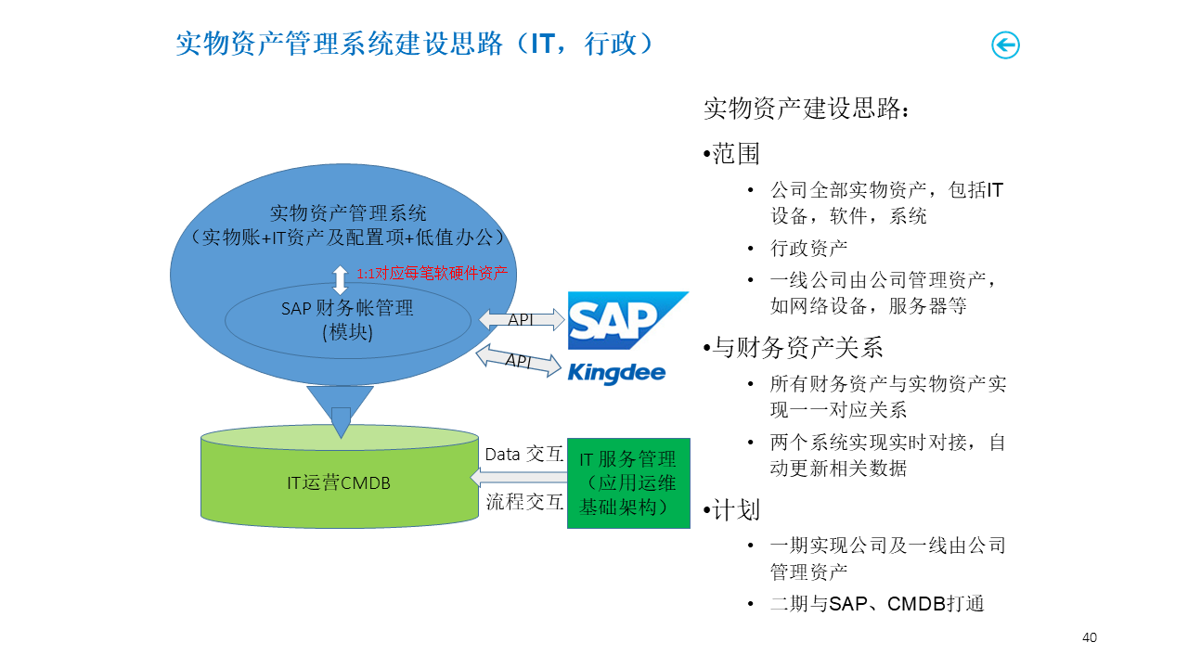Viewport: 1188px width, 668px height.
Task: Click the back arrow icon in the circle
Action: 1005,45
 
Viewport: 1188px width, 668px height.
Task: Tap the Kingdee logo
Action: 616,372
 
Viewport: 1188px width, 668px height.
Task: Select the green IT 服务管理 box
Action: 628,483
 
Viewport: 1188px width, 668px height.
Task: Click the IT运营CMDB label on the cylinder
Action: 338,482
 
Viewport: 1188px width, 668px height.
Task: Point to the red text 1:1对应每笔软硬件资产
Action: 433,273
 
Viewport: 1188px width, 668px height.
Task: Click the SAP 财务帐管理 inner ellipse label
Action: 347,319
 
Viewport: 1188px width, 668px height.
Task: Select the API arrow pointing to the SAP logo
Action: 522,320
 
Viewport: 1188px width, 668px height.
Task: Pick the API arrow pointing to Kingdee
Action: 519,360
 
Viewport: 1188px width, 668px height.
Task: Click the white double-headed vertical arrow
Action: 341,280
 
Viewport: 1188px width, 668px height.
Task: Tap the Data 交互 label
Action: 524,455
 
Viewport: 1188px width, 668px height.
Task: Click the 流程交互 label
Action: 524,502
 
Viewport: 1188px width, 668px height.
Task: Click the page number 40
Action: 1090,637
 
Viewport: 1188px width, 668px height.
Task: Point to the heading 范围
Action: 736,154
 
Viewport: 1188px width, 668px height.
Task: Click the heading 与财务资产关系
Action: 797,347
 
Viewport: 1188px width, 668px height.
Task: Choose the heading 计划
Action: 736,509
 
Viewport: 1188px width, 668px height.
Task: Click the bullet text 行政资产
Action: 808,248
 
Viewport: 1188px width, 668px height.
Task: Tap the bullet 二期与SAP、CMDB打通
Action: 876,604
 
